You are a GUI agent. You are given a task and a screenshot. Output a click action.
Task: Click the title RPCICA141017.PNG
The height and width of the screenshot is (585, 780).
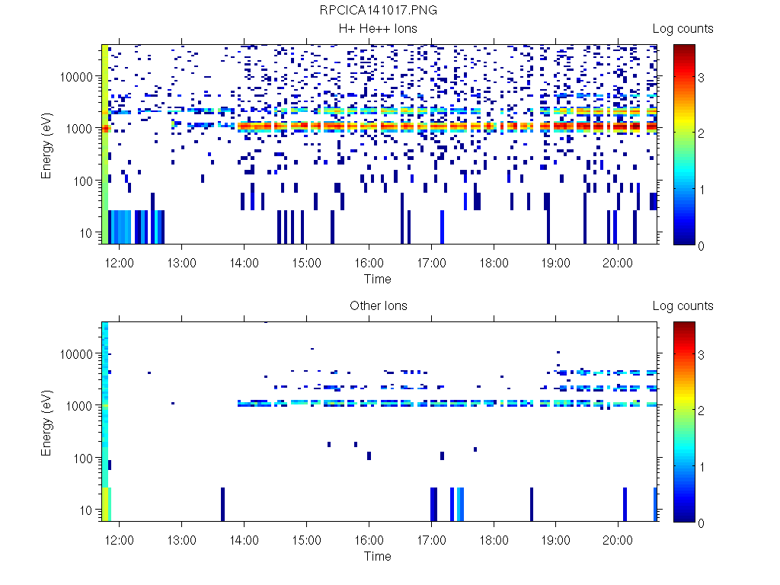(x=379, y=10)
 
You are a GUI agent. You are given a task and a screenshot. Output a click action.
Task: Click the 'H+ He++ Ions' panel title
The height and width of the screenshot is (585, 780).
(x=378, y=29)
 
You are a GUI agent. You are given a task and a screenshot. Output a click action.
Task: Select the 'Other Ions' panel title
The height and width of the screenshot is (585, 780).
(x=378, y=306)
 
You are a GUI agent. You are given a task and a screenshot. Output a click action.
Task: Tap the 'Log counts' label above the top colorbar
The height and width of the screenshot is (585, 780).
(x=682, y=29)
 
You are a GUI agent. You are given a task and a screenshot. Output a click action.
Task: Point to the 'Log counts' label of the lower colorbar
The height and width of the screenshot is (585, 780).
(x=682, y=306)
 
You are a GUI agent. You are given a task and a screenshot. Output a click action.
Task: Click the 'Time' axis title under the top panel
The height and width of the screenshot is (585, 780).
(x=378, y=279)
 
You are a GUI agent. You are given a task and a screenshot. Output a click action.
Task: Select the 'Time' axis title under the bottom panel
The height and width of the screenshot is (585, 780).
(x=378, y=556)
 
